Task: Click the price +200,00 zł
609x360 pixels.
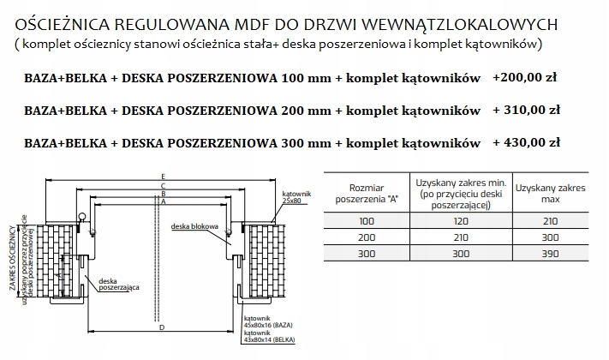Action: pyautogui.click(x=526, y=77)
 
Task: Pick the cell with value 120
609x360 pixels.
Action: pyautogui.click(x=461, y=219)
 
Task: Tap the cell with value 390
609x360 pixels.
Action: pyautogui.click(x=552, y=254)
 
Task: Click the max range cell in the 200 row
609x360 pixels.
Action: pyautogui.click(x=552, y=237)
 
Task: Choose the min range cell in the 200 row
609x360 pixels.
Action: pyautogui.click(x=461, y=237)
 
